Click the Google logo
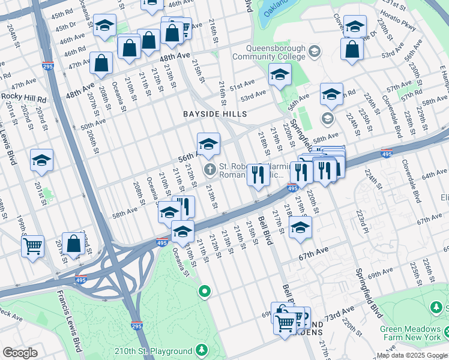(x=20, y=353)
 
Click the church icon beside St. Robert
(x=209, y=168)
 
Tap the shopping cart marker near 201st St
(x=32, y=245)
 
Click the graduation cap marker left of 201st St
(x=42, y=160)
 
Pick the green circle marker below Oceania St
(x=205, y=292)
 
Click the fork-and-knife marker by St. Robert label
(x=258, y=175)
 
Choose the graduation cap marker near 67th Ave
(x=300, y=227)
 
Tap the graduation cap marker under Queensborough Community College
(x=279, y=74)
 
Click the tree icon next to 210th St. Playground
(x=203, y=350)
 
